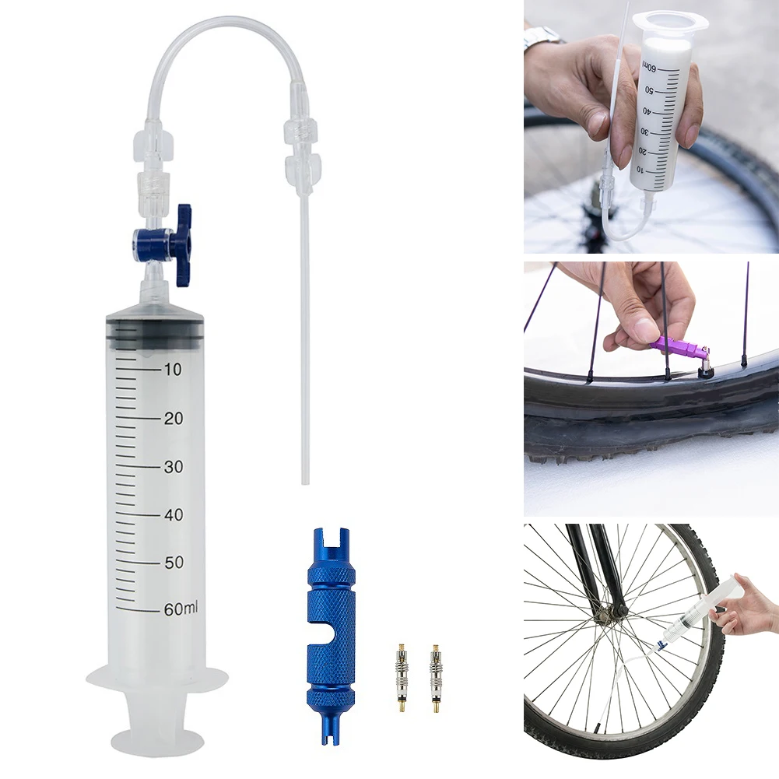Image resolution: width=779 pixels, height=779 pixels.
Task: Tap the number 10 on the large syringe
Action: tap(172, 370)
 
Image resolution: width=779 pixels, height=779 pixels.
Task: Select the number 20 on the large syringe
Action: tap(172, 419)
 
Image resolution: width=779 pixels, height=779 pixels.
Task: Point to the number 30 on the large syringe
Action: tap(172, 467)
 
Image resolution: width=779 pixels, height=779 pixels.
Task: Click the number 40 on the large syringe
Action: tap(172, 515)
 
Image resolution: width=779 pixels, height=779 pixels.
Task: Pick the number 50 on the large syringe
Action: tap(172, 563)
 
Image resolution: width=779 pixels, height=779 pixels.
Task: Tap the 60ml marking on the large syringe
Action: tap(181, 609)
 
